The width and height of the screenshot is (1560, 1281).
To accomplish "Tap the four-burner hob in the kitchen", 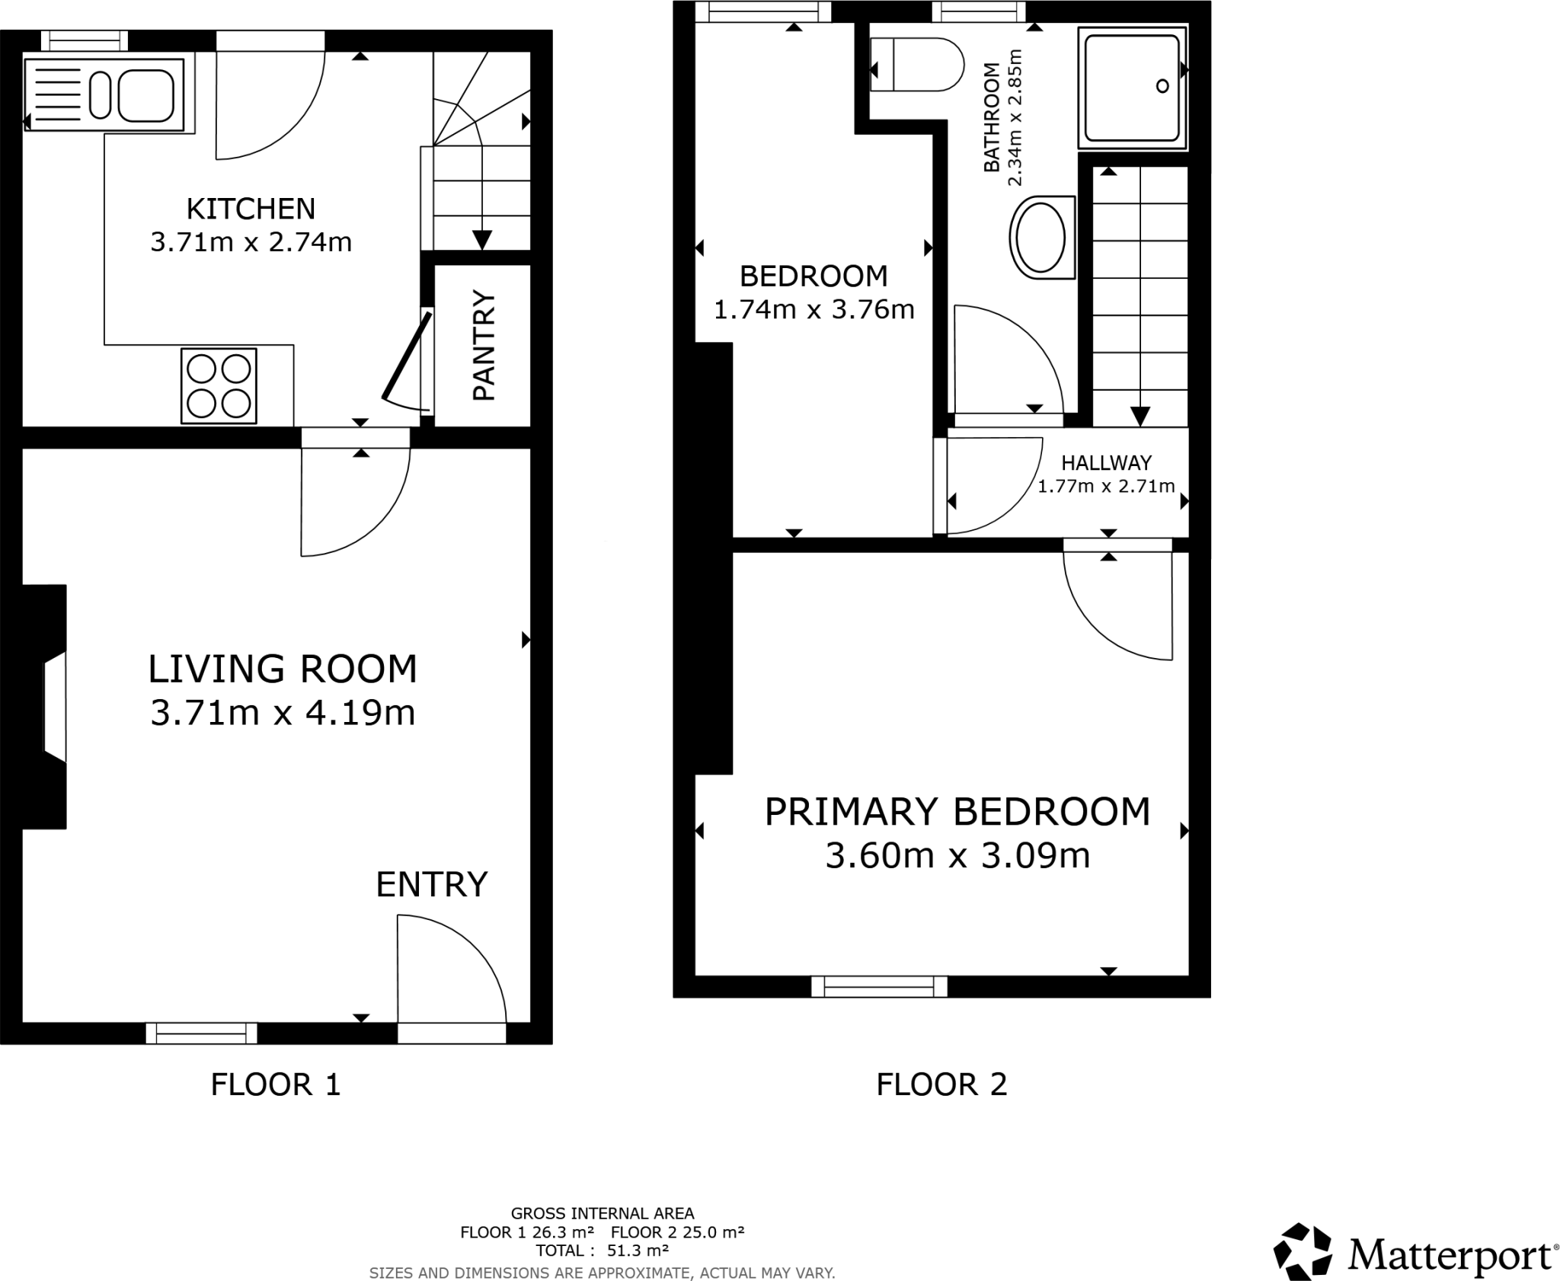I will click(x=219, y=386).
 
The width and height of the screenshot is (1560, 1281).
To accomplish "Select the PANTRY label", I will click(x=484, y=345).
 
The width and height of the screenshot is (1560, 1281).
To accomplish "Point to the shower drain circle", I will click(x=1162, y=86).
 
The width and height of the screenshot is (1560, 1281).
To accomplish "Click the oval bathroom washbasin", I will click(x=1041, y=237).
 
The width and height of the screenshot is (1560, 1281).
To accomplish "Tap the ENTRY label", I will click(x=431, y=884).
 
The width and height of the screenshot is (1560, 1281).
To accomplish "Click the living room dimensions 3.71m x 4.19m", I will click(x=283, y=713).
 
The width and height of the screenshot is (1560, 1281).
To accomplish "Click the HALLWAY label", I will click(x=1106, y=462).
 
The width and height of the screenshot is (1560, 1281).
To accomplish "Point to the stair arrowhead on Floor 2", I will click(x=1140, y=416).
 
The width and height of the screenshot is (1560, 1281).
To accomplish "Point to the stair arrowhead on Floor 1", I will click(x=481, y=240).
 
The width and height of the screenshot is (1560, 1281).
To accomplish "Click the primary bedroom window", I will click(x=879, y=986).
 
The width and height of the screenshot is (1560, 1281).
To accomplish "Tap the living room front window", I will click(x=202, y=1033).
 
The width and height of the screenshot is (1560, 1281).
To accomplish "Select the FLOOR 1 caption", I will click(x=275, y=1085).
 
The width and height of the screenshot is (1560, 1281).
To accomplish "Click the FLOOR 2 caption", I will click(x=941, y=1085).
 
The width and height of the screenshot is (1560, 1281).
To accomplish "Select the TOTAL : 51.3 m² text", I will click(x=602, y=1251).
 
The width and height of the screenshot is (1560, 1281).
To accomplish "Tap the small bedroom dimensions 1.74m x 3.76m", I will click(x=814, y=309).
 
